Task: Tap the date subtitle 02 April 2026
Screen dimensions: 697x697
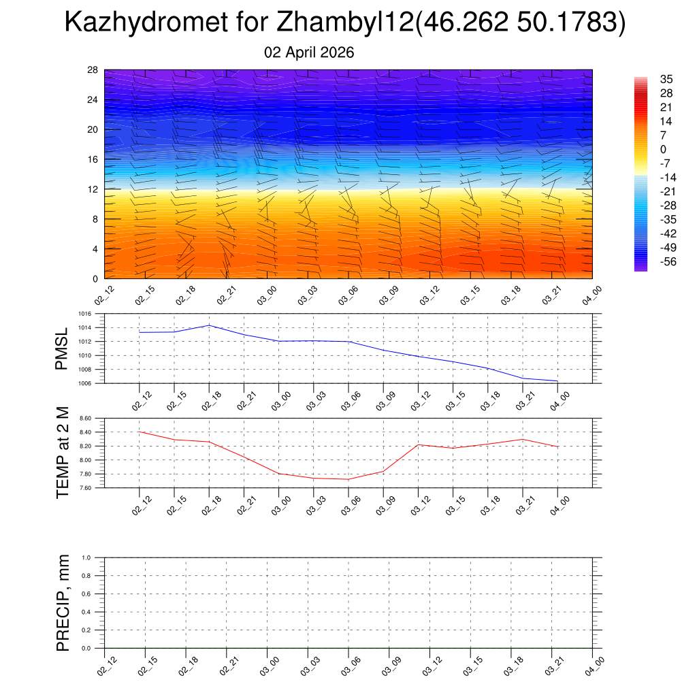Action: click(309, 52)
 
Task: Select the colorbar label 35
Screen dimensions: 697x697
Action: click(667, 79)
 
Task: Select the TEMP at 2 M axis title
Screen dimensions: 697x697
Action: click(63, 453)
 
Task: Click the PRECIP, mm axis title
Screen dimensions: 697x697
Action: click(63, 603)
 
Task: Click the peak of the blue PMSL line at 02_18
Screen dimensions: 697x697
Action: click(209, 325)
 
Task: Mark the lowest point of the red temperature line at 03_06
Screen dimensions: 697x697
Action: click(348, 479)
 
